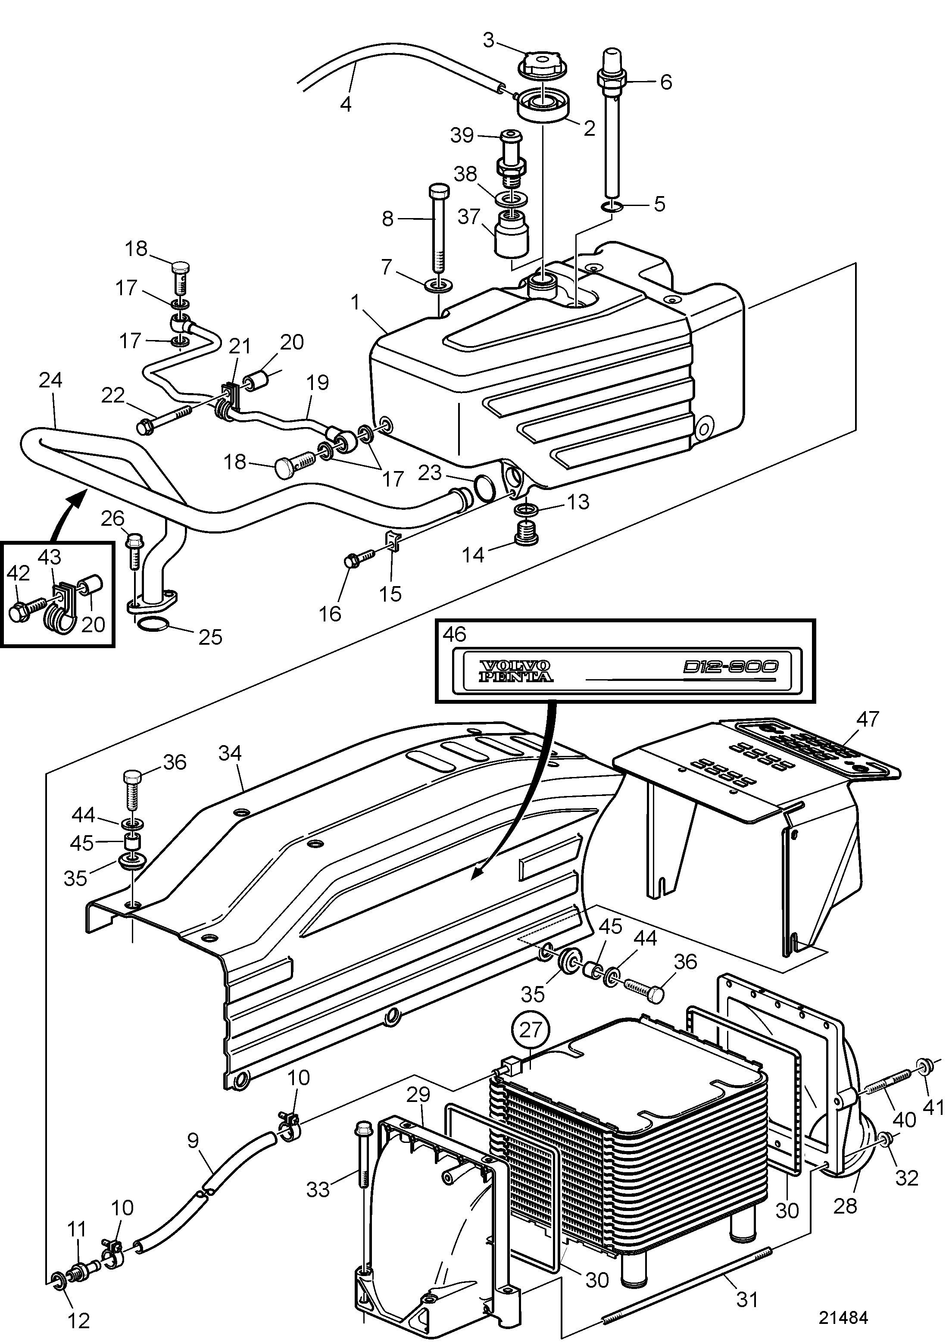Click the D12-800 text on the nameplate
click(x=730, y=667)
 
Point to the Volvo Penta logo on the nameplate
click(x=515, y=671)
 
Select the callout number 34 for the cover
click(x=230, y=753)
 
